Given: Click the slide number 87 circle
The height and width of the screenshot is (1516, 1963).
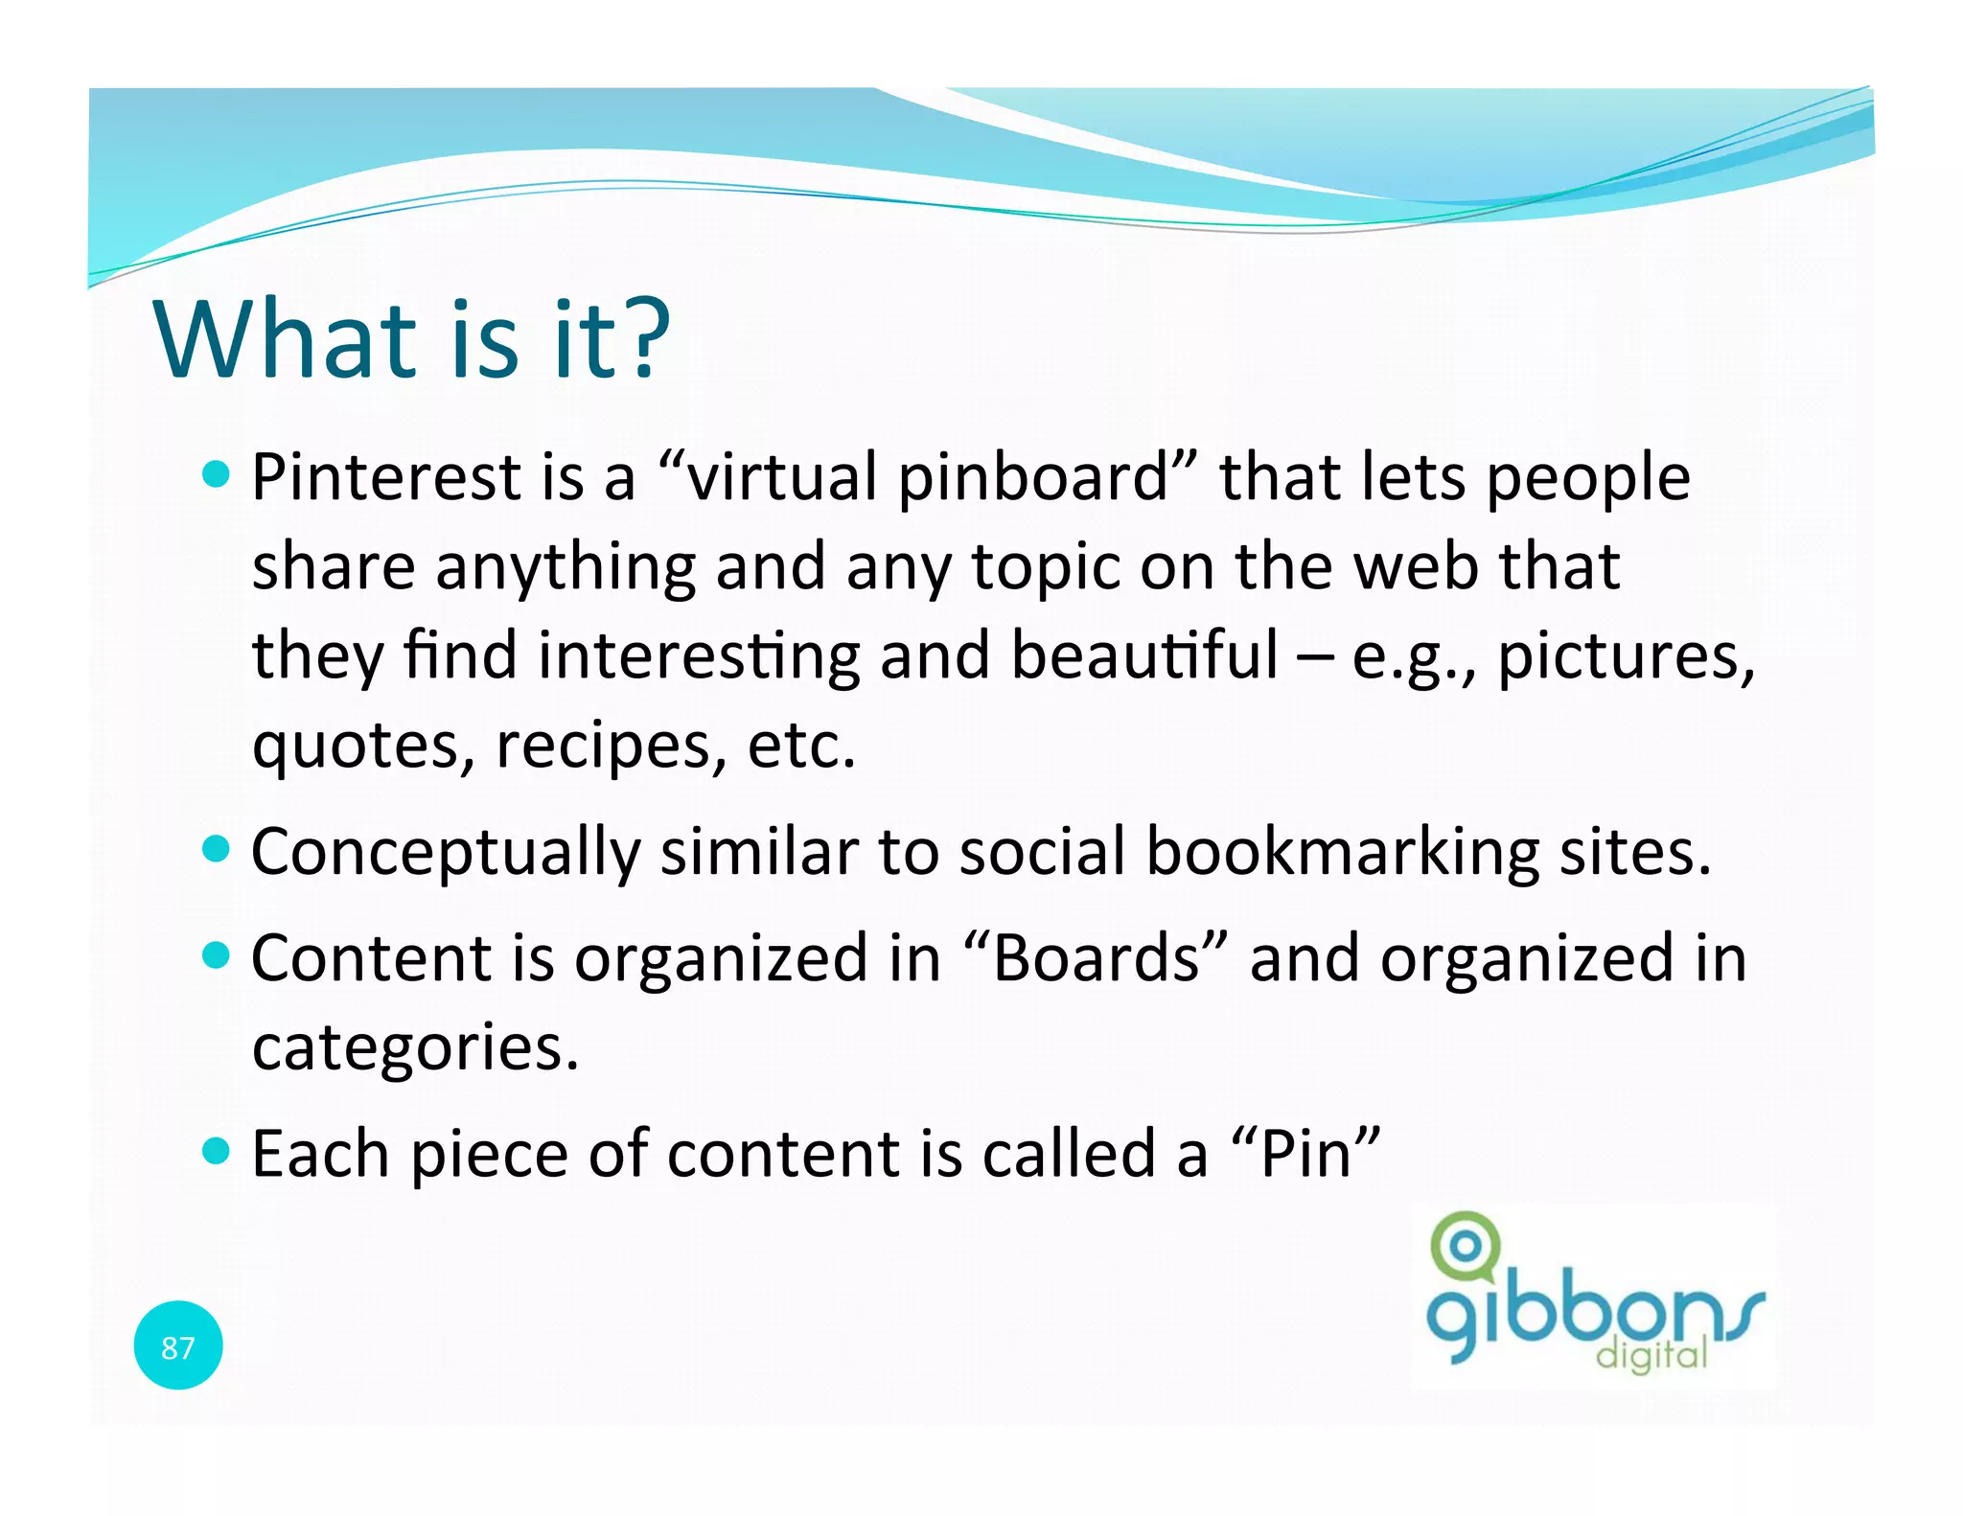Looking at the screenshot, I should (178, 1345).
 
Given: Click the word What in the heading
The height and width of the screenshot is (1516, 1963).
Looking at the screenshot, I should (284, 339).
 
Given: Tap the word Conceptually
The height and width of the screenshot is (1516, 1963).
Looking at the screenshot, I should (446, 852).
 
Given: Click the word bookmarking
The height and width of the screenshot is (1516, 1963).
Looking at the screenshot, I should (1342, 852).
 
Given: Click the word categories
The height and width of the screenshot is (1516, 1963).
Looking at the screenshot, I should (415, 1047).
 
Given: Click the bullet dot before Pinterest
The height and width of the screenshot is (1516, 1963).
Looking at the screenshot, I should (218, 473).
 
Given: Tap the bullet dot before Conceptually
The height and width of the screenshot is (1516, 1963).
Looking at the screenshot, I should (218, 848).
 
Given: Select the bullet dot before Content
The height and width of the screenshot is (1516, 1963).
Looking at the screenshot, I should (218, 954).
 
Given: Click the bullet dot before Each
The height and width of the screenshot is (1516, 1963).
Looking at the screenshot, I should (218, 1150).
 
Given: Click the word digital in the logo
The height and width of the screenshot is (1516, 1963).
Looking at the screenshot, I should (1651, 1355).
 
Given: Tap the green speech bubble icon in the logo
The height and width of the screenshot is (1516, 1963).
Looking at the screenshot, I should (1464, 1247).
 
